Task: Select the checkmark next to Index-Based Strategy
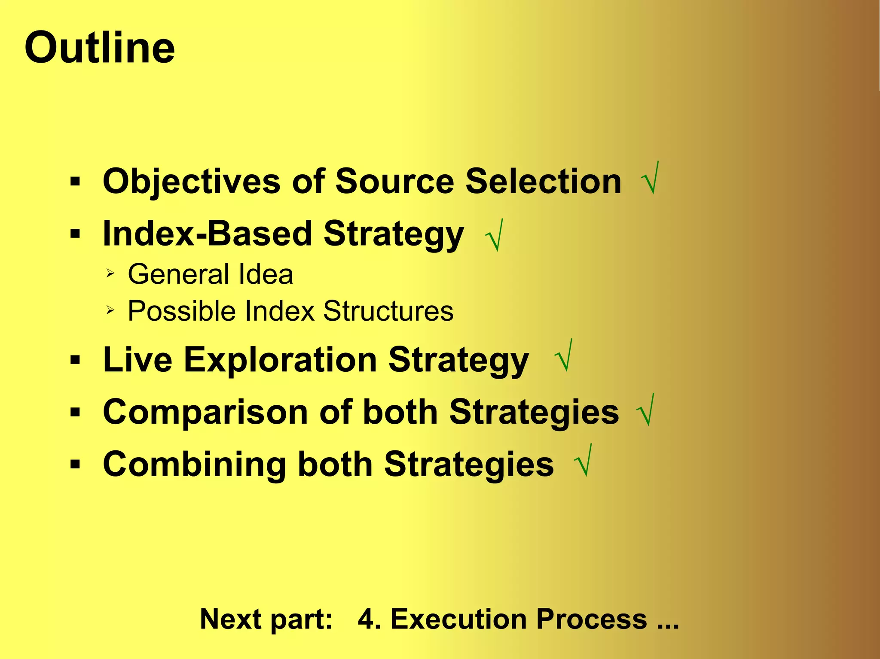coord(494,235)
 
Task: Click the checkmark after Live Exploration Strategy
coord(563,356)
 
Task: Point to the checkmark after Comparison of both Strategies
coord(645,410)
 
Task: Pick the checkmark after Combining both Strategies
coord(584,462)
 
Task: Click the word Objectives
coord(192,182)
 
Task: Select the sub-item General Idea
coord(210,274)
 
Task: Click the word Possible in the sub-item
coord(181,311)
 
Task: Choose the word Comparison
coord(205,412)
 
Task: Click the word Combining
coord(195,465)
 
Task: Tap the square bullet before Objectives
coord(75,182)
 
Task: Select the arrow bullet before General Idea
coord(110,273)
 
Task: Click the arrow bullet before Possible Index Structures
coord(110,310)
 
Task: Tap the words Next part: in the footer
coord(266,619)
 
